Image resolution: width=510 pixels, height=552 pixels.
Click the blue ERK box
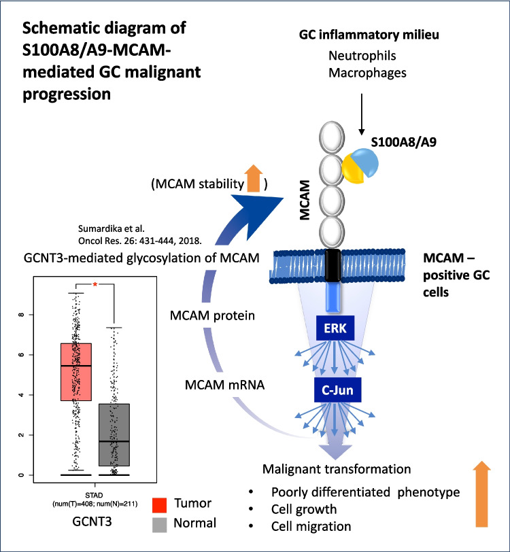335,328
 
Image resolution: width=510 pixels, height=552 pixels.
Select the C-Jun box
337,390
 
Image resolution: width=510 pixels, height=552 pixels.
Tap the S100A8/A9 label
404,142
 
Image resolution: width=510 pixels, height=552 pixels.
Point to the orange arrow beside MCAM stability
254,178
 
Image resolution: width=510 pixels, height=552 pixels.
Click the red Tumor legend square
159,505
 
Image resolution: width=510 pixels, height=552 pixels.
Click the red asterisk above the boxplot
95,284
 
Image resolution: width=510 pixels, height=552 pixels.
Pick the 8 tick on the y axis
22,314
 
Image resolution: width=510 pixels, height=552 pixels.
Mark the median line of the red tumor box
76,366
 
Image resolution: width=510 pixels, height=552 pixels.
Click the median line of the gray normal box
114,441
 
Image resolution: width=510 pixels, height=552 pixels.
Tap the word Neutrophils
362,56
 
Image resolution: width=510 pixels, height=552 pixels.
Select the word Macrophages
367,73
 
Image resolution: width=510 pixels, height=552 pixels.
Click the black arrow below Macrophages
361,114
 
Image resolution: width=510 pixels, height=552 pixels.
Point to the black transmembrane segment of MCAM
332,265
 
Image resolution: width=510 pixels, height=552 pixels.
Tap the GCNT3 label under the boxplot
92,521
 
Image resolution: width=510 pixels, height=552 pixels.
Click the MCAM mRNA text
224,385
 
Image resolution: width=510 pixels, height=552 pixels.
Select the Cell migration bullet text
311,526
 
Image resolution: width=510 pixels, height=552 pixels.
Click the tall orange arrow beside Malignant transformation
481,494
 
